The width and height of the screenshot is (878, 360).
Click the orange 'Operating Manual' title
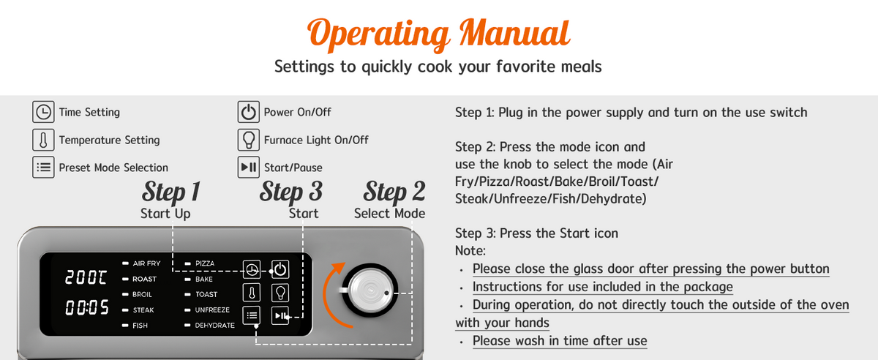[438, 34]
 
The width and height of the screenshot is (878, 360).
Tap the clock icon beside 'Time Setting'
[43, 112]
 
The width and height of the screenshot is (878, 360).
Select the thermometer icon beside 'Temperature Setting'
[43, 140]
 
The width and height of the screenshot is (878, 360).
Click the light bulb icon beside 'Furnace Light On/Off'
[248, 140]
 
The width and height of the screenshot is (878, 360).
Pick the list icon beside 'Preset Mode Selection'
[43, 168]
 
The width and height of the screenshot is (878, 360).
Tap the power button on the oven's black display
[279, 269]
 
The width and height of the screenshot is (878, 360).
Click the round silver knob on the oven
[369, 290]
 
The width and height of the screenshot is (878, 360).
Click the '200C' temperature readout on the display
[86, 277]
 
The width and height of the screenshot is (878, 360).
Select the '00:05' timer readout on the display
[86, 307]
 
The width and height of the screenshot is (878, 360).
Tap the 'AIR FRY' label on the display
[146, 263]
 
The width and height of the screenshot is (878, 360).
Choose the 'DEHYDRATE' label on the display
[215, 326]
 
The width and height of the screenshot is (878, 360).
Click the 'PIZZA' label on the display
[205, 263]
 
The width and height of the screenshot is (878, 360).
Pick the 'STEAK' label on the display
[143, 310]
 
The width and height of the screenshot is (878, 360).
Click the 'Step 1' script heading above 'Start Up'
[171, 192]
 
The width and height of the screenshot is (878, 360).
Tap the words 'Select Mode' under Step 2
[389, 214]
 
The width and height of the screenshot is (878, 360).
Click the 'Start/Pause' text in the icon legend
[293, 168]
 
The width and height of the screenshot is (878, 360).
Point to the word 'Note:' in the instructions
[470, 250]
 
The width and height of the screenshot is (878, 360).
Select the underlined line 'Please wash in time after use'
[560, 341]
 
